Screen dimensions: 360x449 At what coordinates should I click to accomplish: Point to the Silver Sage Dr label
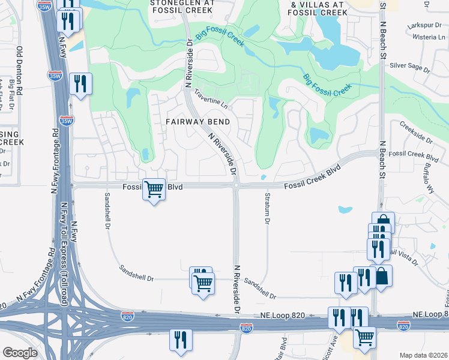coord(411,66)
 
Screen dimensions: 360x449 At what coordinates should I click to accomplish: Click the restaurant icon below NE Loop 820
coord(180,340)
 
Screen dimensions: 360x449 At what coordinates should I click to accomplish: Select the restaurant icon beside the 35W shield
coord(80,83)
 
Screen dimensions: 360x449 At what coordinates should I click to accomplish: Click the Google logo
coord(20,353)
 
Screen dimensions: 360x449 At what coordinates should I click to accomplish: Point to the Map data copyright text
coord(422,355)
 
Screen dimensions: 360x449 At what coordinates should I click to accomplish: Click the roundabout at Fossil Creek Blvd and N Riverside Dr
coord(237,186)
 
